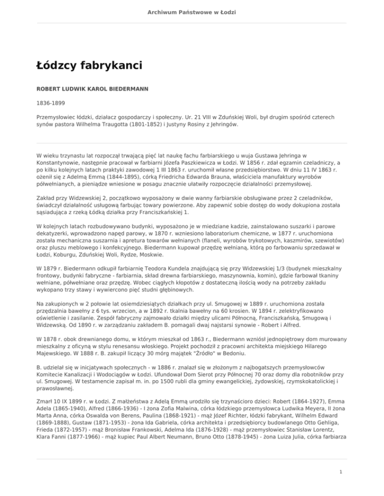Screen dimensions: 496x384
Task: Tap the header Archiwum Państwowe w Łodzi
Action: (191, 12)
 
